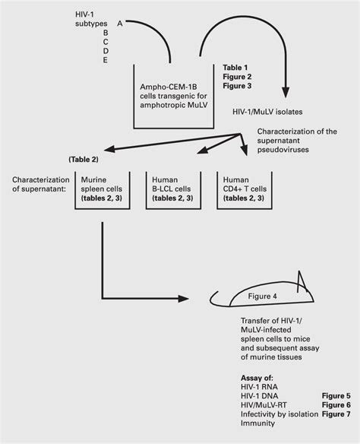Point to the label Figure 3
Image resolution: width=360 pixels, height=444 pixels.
tap(238, 87)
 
